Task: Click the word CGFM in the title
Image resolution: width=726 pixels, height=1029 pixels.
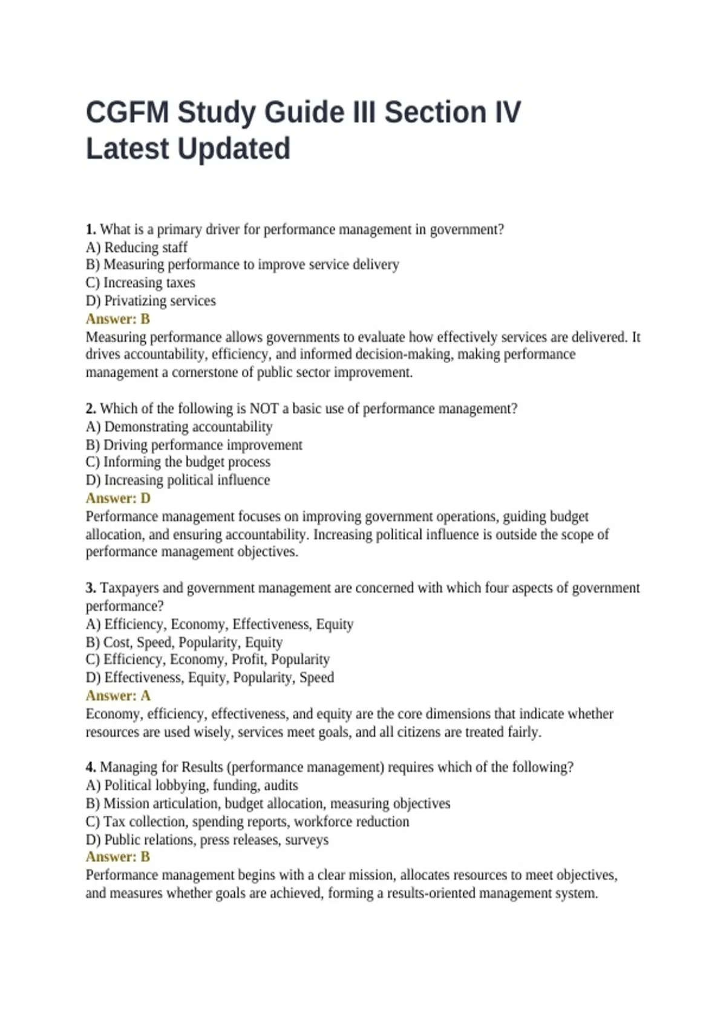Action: click(x=127, y=113)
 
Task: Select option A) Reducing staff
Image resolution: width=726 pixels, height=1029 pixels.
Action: click(x=137, y=248)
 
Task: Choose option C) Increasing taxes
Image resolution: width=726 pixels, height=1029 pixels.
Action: click(x=140, y=283)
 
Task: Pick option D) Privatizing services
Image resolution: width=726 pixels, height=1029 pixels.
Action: click(x=151, y=301)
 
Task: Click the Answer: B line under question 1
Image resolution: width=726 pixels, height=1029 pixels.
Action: click(x=118, y=319)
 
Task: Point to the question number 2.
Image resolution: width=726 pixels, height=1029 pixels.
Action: click(x=91, y=409)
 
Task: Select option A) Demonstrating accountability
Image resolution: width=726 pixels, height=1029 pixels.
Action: click(x=179, y=427)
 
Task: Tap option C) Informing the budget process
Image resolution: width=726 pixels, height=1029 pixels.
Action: click(x=178, y=462)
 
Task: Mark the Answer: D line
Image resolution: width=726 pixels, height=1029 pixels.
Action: click(x=118, y=498)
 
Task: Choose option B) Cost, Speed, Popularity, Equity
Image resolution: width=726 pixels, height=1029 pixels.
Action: click(x=184, y=642)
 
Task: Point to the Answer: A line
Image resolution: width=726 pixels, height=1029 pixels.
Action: click(x=118, y=695)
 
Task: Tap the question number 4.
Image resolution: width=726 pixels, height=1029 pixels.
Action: click(x=91, y=768)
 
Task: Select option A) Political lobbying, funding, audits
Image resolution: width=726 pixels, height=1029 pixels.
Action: click(x=192, y=786)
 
